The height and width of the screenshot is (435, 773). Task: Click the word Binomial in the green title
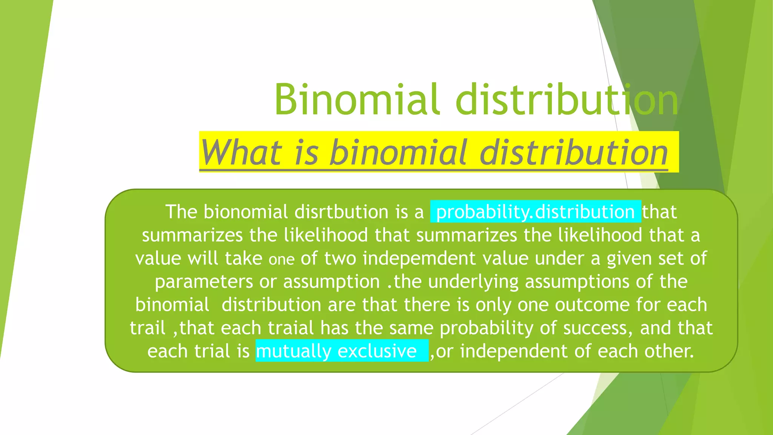[356, 100]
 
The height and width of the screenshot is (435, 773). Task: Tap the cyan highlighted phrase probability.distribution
[535, 212]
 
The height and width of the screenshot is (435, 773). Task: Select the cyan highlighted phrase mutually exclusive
[336, 351]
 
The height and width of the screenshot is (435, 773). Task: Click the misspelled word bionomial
[246, 212]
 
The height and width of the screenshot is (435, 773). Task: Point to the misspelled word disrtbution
[341, 212]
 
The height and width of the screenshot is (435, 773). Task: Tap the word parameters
[203, 282]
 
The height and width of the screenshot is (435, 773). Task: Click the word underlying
[473, 282]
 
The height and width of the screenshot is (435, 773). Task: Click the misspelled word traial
[291, 328]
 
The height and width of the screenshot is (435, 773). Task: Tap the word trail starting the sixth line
[148, 328]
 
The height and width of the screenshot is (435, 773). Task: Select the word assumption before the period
[331, 282]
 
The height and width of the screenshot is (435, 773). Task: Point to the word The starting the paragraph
[181, 212]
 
